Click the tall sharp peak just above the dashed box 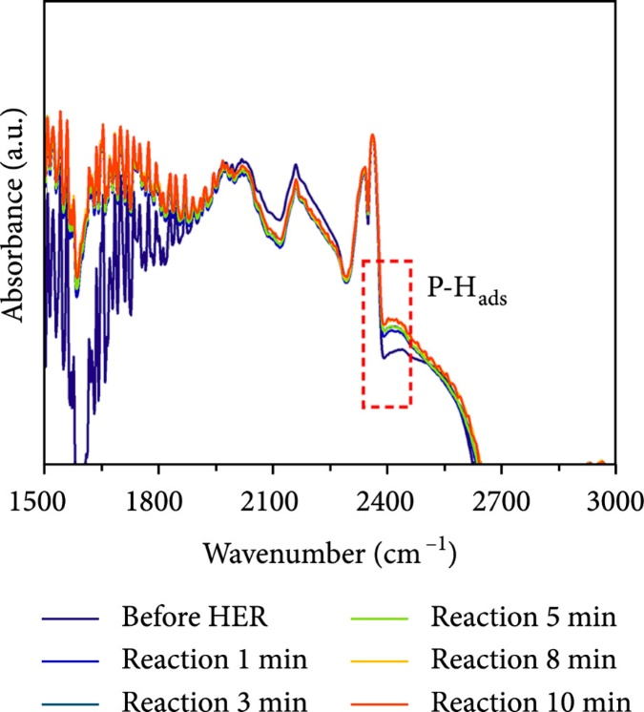pos(372,136)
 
